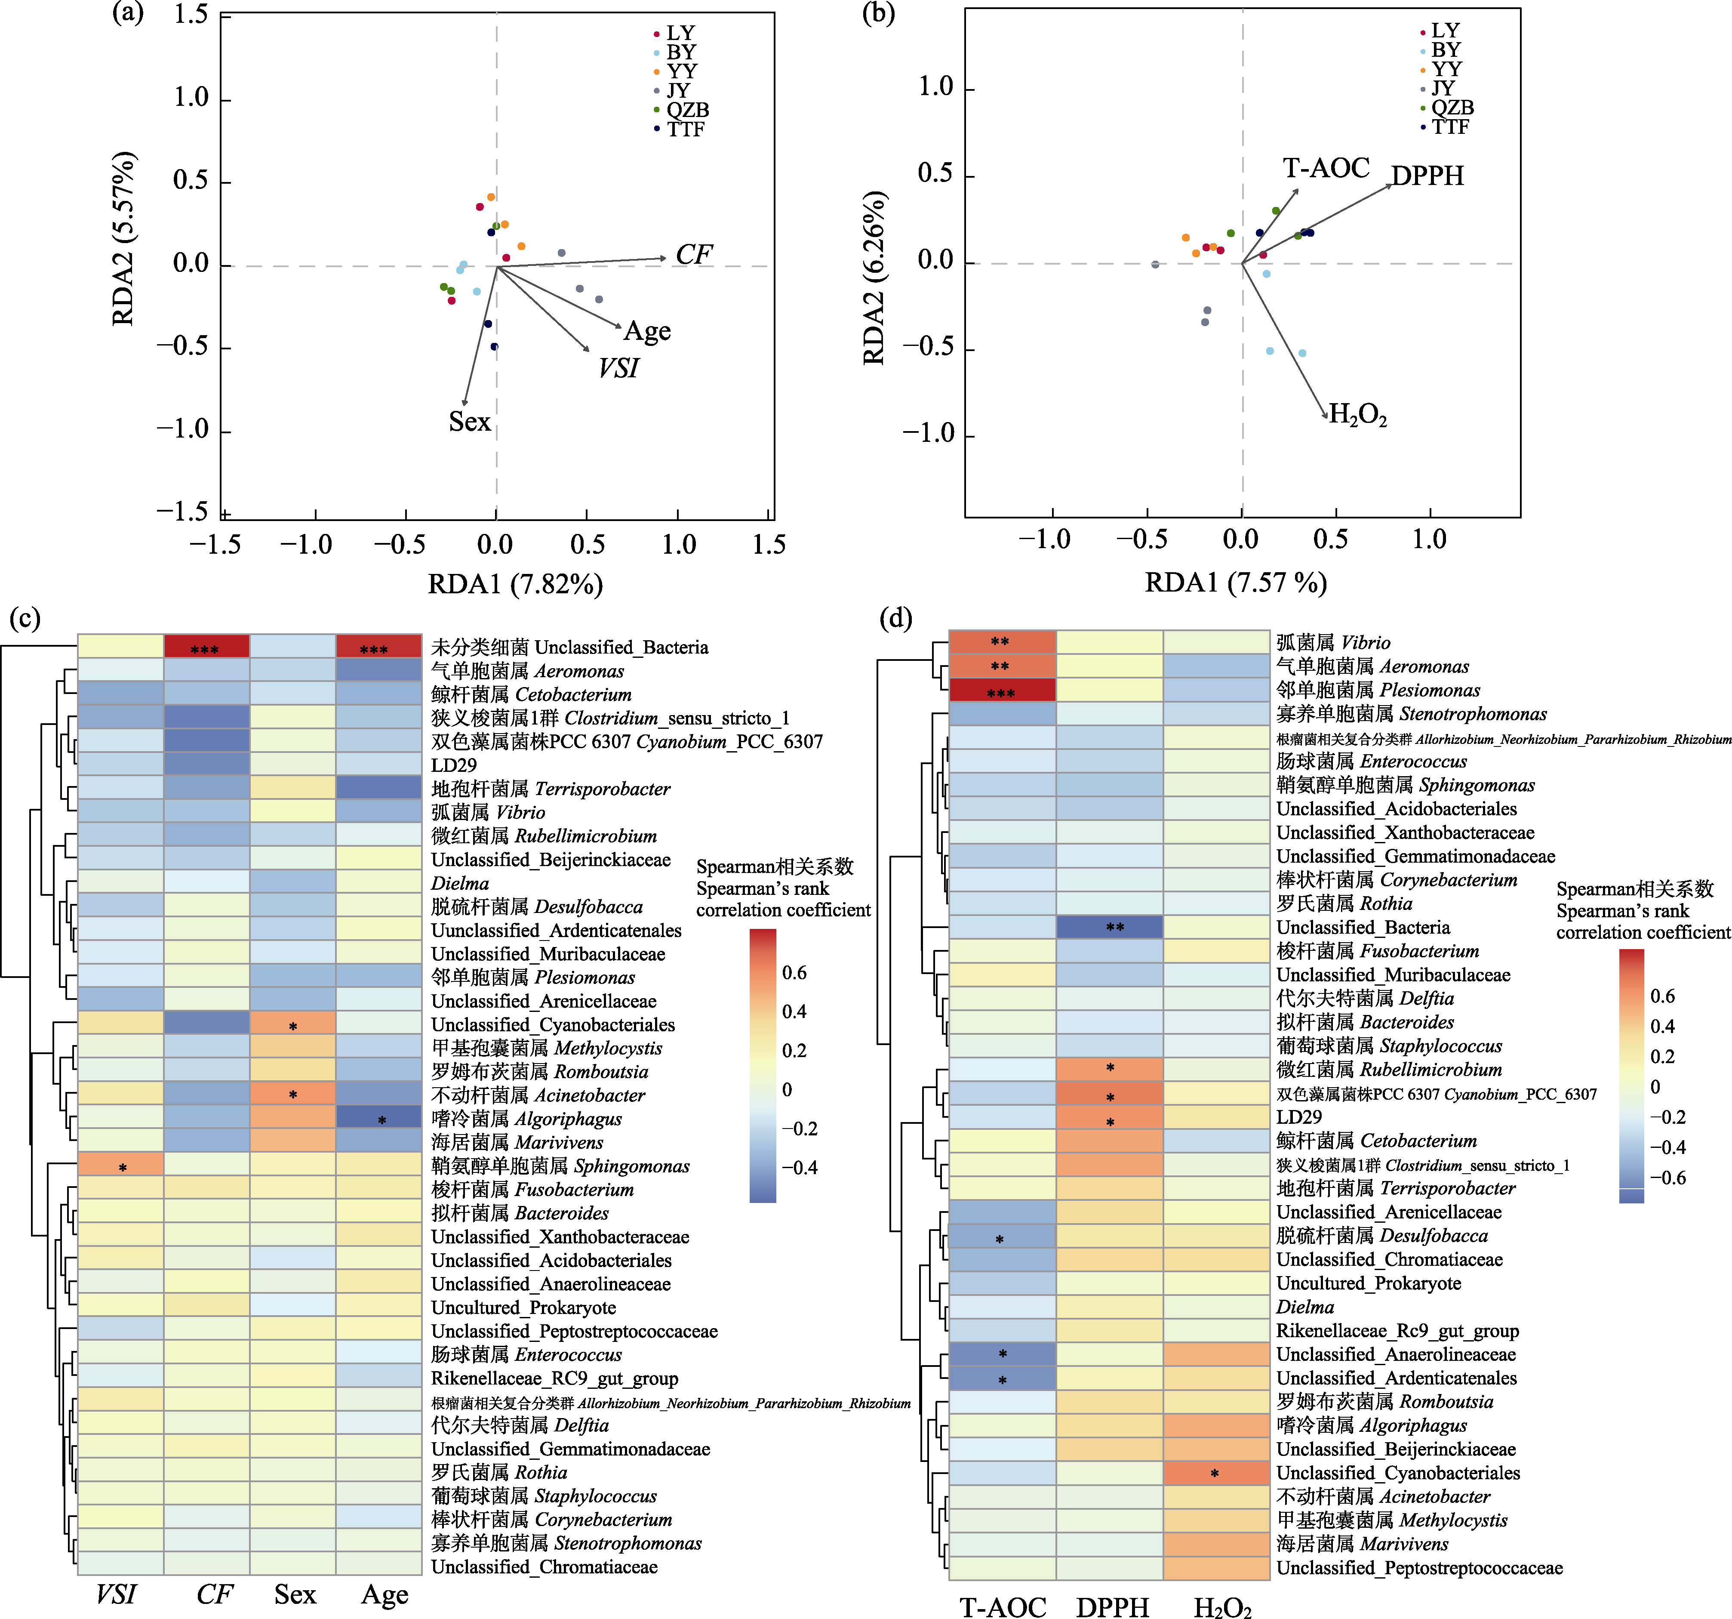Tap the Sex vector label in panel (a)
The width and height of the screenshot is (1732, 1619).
click(470, 422)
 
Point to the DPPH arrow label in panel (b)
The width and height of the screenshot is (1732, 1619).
click(1427, 176)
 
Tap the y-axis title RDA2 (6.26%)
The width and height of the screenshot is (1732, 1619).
click(874, 277)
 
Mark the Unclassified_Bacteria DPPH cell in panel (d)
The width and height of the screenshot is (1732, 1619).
click(1110, 927)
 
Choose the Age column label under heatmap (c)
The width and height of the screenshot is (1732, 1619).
click(384, 1594)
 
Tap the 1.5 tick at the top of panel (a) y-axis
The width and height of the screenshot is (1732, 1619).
click(190, 15)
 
